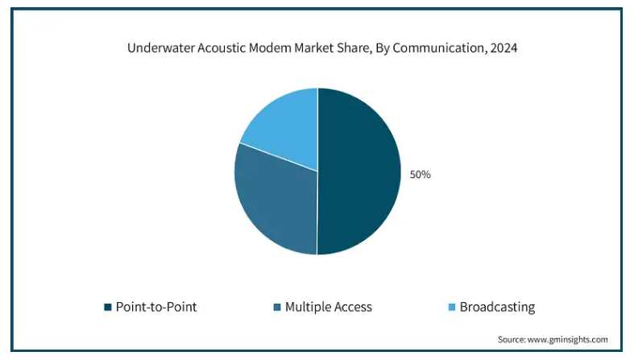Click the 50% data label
pyautogui.click(x=420, y=175)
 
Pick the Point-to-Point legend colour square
pyautogui.click(x=108, y=307)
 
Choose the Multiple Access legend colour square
pyautogui.click(x=277, y=307)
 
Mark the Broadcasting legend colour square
pyautogui.click(x=452, y=307)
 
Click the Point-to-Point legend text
pyautogui.click(x=156, y=307)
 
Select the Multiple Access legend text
pyautogui.click(x=329, y=307)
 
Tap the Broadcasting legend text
pyautogui.click(x=497, y=307)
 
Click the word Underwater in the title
pyautogui.click(x=161, y=48)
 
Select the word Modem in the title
pyautogui.click(x=270, y=48)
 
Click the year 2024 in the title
pyautogui.click(x=503, y=48)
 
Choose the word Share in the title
pyautogui.click(x=356, y=48)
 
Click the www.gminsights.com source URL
pyautogui.click(x=568, y=339)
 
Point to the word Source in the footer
pyautogui.click(x=512, y=339)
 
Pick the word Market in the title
pyautogui.click(x=315, y=48)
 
